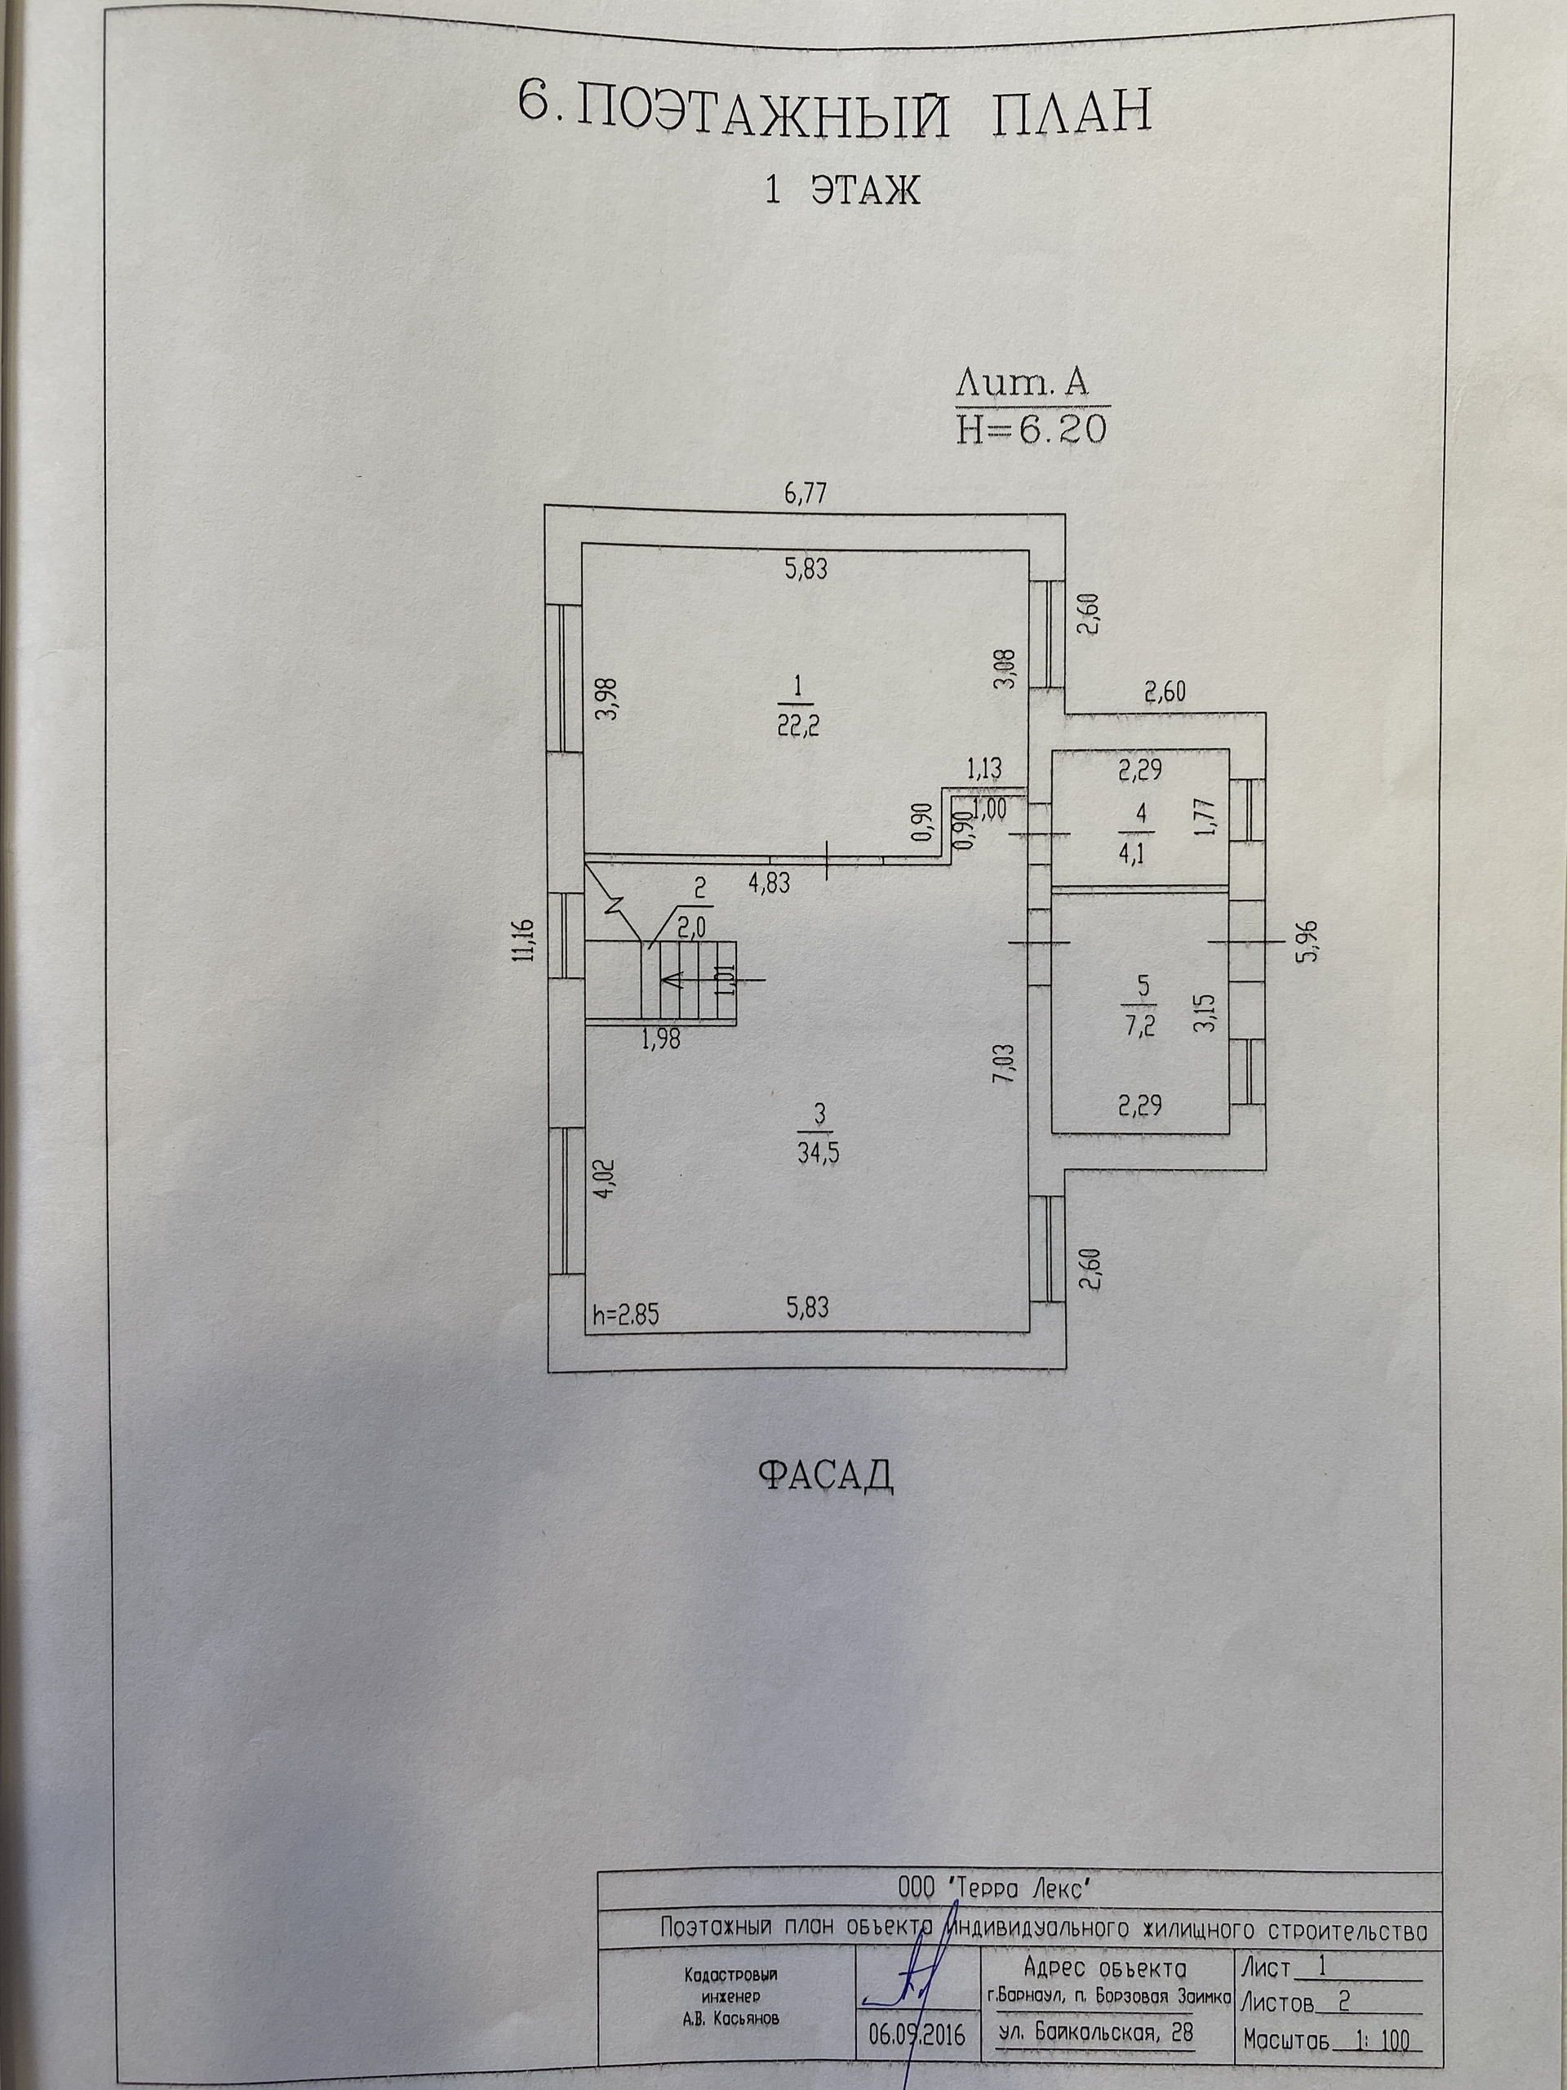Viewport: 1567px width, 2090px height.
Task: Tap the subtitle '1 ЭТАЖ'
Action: [x=841, y=190]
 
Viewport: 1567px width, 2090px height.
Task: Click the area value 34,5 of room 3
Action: [x=818, y=1152]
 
